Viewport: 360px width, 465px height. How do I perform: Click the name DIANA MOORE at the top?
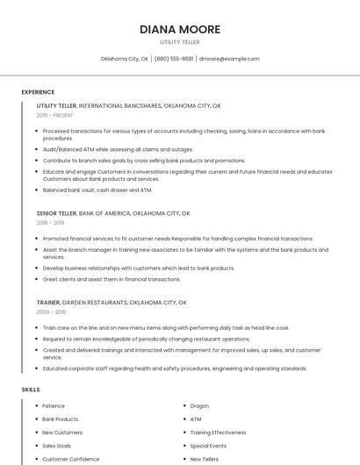coord(180,29)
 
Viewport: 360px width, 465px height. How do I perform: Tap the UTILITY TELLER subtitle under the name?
coord(180,42)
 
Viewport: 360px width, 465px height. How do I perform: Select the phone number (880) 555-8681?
coord(175,59)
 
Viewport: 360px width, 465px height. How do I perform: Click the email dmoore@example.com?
coord(229,59)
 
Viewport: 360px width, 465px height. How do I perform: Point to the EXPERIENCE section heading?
coord(38,92)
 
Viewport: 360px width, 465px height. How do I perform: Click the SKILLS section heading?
coord(31,389)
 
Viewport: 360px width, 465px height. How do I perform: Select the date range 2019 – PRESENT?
coord(55,115)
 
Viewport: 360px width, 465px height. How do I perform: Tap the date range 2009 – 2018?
coord(51,311)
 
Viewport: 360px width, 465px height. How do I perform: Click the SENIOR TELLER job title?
coord(57,213)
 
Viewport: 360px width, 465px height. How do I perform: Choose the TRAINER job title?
coord(48,302)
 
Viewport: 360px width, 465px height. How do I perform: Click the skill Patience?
coord(54,406)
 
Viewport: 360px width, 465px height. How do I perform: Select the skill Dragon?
coord(199,406)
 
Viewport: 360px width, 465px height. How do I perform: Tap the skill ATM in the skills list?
coord(196,419)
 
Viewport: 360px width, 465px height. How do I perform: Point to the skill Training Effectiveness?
coord(219,433)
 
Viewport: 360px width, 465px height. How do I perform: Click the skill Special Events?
coord(208,446)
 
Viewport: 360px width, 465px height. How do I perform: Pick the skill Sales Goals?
coord(57,446)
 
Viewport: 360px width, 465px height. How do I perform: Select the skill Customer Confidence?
coord(71,459)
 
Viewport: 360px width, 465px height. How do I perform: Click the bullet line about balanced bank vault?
coord(97,190)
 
